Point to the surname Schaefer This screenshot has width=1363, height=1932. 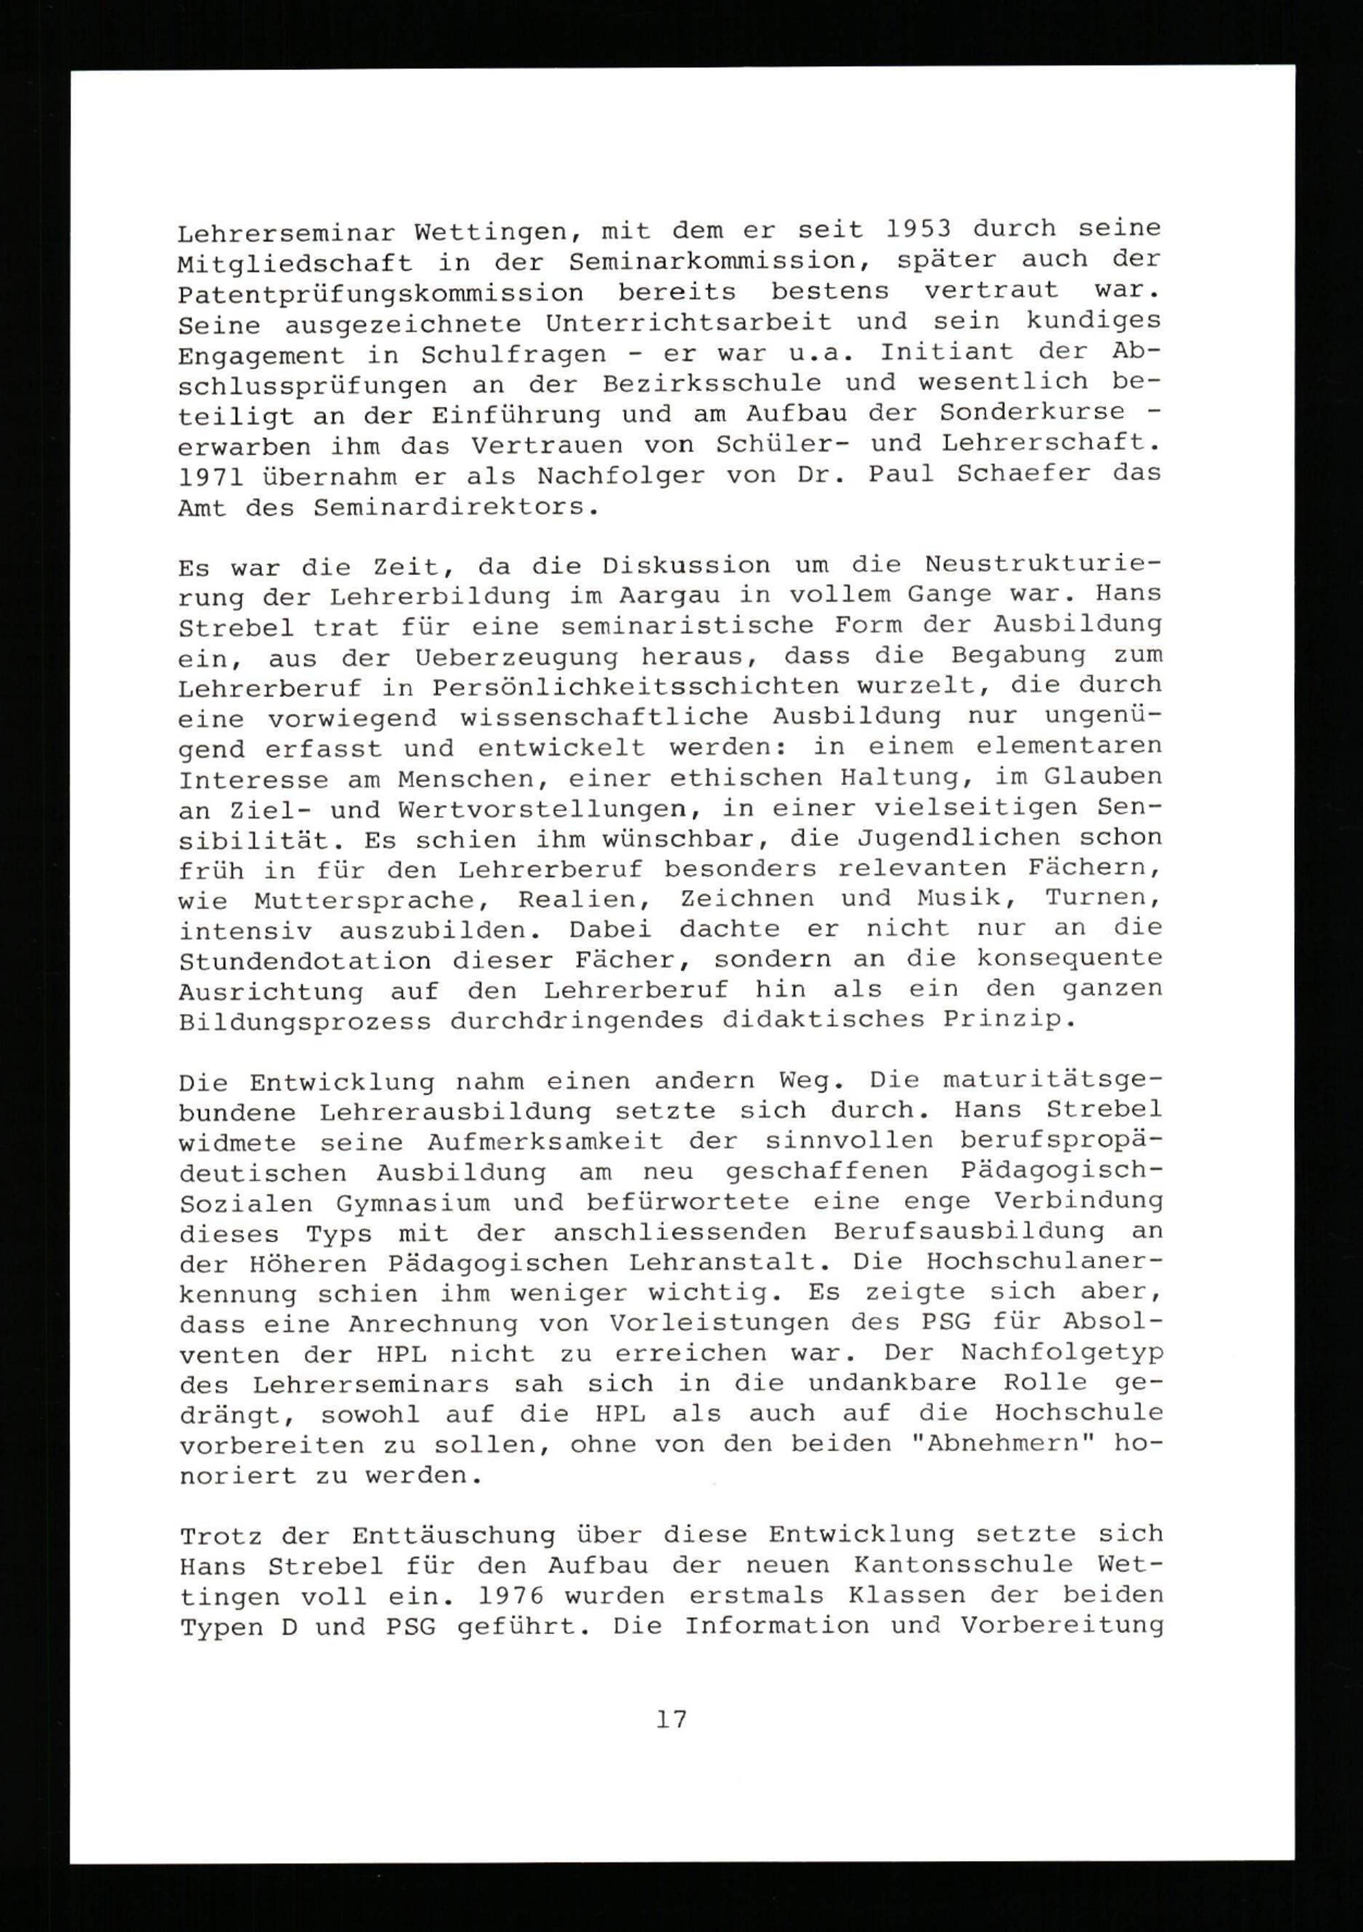coord(1024,474)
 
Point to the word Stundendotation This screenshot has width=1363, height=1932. coord(305,961)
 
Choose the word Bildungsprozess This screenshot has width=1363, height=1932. coord(305,1022)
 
